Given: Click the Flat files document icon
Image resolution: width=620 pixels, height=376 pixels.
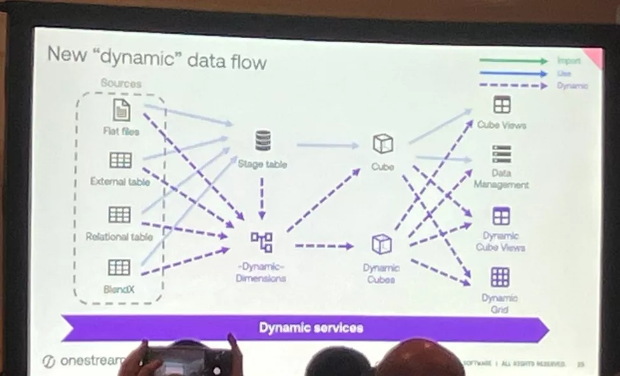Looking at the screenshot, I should click(122, 110).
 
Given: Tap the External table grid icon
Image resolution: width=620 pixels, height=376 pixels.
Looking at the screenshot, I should click(120, 160).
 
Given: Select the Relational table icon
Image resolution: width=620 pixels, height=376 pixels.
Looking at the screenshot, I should click(120, 214).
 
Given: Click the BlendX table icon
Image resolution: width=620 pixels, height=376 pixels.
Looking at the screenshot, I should click(119, 267).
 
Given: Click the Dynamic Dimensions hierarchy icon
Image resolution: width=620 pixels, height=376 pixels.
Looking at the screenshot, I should click(261, 242).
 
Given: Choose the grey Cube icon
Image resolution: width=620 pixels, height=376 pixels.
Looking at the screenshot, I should click(383, 144).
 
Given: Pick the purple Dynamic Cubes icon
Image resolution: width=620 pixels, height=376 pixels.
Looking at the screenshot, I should click(382, 245).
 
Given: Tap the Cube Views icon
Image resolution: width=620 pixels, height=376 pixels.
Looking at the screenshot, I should click(502, 104).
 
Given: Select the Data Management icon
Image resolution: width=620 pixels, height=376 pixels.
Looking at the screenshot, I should click(502, 154).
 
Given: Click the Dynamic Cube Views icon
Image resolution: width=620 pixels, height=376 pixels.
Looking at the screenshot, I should click(501, 216).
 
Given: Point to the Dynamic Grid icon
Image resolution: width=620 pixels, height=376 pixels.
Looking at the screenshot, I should click(500, 277).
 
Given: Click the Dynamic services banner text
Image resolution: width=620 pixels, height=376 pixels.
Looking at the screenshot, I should click(311, 328).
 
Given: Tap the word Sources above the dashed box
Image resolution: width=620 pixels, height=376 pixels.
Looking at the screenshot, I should click(121, 83).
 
